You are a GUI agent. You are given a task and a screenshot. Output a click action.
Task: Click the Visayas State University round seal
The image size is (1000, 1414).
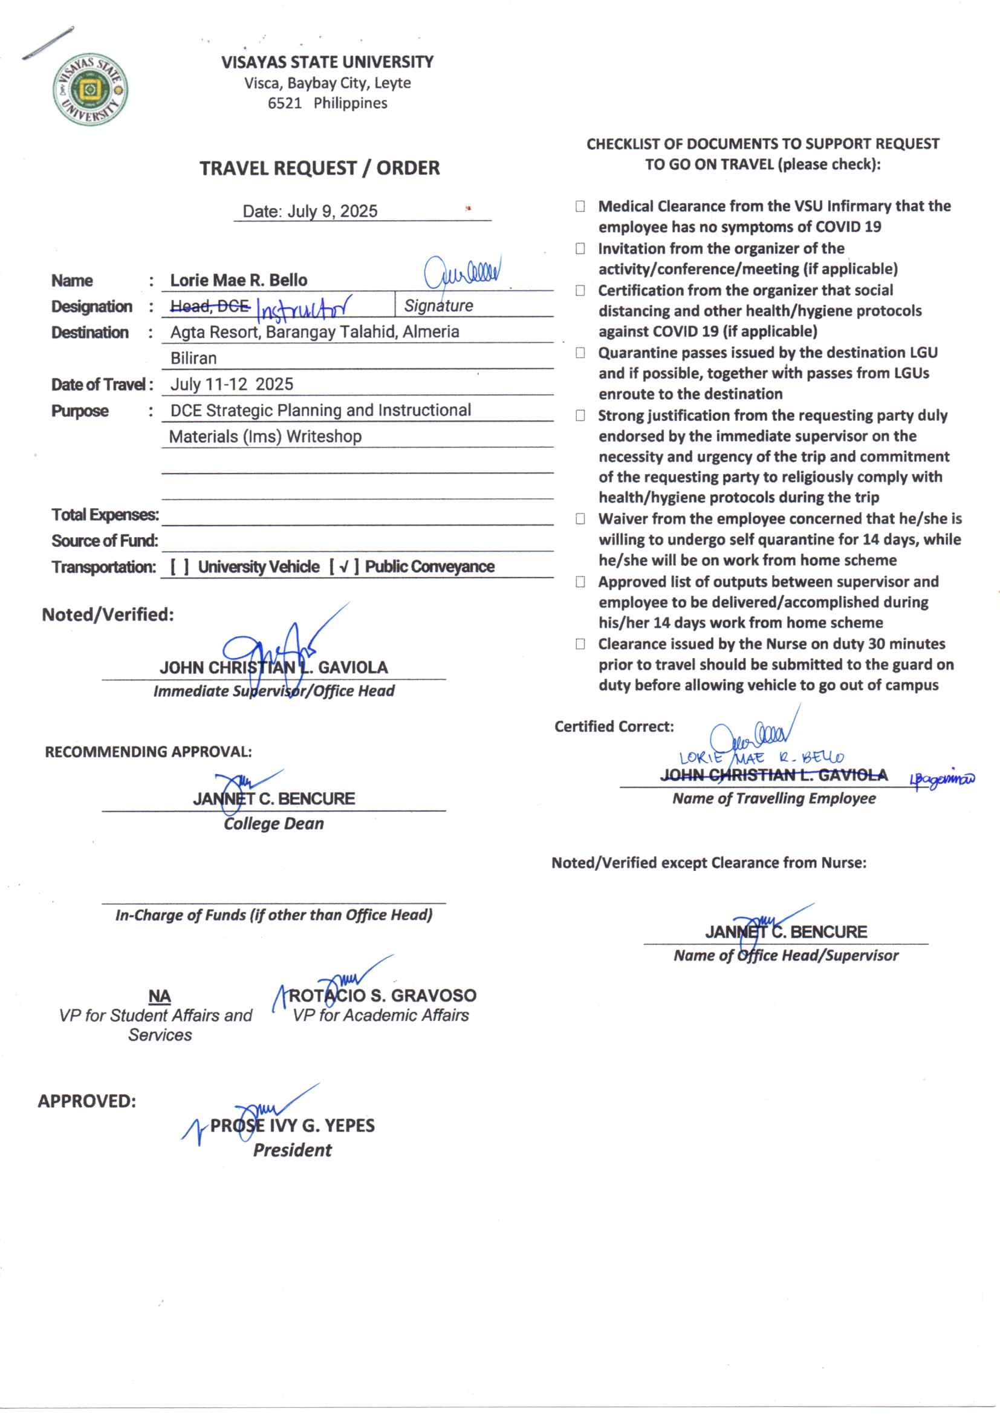tap(90, 90)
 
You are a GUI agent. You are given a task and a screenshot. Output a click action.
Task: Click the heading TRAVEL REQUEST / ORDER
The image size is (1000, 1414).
tap(319, 168)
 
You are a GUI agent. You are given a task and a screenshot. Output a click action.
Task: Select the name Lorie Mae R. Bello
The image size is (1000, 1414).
tap(238, 280)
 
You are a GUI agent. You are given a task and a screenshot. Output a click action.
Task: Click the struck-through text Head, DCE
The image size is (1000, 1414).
tap(209, 305)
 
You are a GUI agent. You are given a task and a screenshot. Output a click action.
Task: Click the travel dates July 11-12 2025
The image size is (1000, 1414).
tap(232, 384)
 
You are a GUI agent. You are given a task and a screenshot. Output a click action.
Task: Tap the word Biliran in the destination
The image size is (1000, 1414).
tap(193, 358)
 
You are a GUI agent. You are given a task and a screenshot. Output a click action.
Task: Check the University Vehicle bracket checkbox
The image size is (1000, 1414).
tap(179, 567)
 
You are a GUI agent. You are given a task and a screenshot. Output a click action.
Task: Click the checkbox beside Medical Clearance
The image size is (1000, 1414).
tap(580, 206)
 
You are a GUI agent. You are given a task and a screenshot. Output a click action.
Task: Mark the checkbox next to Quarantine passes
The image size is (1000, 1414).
tap(580, 353)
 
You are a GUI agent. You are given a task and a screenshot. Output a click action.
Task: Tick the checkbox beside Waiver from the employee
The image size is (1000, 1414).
tap(580, 518)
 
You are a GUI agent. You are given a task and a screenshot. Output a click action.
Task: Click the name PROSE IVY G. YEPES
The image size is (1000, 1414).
tap(292, 1126)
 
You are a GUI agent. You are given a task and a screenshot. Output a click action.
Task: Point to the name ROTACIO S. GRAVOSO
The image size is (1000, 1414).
tap(382, 996)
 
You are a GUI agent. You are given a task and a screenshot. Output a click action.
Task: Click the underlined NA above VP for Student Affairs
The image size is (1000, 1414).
tap(160, 997)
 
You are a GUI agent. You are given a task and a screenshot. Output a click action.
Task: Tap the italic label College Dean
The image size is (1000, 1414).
tap(273, 824)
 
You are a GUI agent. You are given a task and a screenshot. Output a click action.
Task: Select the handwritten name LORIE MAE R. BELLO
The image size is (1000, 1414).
tap(761, 757)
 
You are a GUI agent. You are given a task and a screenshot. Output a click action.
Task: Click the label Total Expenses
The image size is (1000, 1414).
tap(105, 515)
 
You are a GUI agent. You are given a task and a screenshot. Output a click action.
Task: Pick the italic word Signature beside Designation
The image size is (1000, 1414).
tap(438, 305)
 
